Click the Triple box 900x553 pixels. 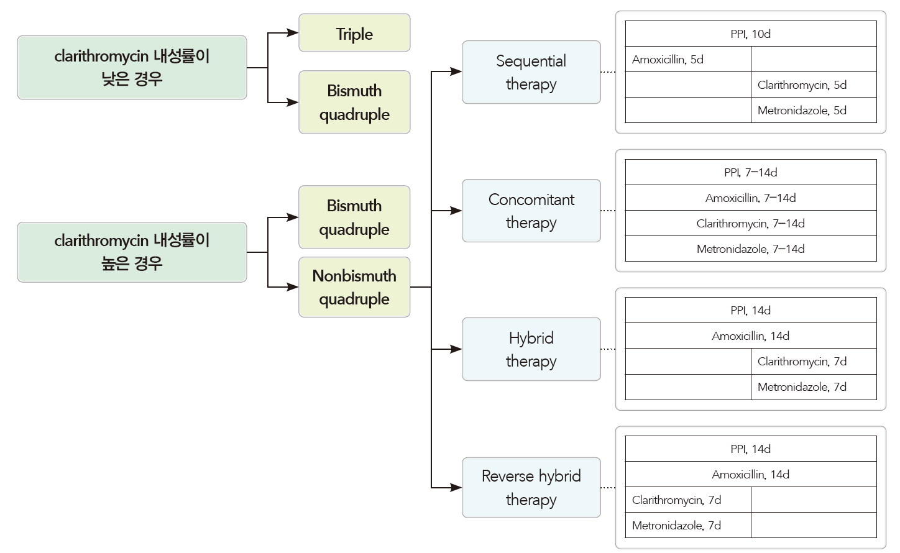pyautogui.click(x=354, y=33)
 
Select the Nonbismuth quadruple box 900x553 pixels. pyautogui.click(x=354, y=287)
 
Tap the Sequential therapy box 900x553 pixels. pyautogui.click(x=531, y=72)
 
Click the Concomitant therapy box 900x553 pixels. pyautogui.click(x=531, y=211)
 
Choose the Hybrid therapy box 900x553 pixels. pyautogui.click(x=531, y=349)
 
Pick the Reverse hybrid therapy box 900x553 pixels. pyautogui.click(x=531, y=488)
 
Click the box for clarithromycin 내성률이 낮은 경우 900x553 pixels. pyautogui.click(x=132, y=67)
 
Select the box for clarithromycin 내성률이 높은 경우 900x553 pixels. pyautogui.click(x=132, y=252)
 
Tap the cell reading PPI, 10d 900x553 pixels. pyautogui.click(x=750, y=34)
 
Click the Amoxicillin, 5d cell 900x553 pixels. pyautogui.click(x=687, y=60)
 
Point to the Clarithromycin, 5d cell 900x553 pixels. pyautogui.click(x=814, y=85)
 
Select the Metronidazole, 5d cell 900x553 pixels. pyautogui.click(x=814, y=111)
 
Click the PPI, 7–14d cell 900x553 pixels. pyautogui.click(x=750, y=173)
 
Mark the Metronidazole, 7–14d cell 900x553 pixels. pyautogui.click(x=750, y=249)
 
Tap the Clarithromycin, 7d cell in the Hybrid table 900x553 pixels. pyautogui.click(x=814, y=362)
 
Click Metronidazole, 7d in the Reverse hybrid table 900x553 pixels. pyautogui.click(x=687, y=526)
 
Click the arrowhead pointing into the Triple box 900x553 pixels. pyautogui.click(x=292, y=33)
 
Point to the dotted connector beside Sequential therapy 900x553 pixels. pyautogui.click(x=608, y=72)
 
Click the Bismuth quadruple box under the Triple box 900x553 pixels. pyautogui.click(x=354, y=103)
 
